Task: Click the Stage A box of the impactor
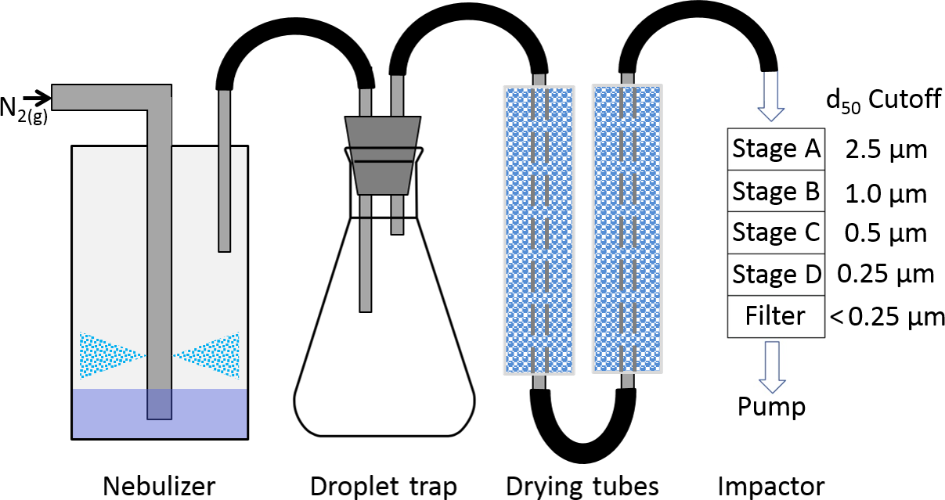click(776, 149)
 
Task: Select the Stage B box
click(776, 191)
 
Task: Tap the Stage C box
click(776, 232)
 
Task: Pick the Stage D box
click(776, 275)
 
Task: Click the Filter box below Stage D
click(776, 316)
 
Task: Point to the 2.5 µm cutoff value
click(885, 149)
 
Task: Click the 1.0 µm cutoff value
click(885, 192)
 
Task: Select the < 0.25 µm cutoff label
click(887, 317)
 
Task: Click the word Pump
click(772, 407)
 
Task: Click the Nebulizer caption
click(159, 486)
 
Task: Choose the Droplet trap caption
click(383, 486)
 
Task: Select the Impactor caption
click(771, 486)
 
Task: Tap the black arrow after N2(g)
click(36, 98)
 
